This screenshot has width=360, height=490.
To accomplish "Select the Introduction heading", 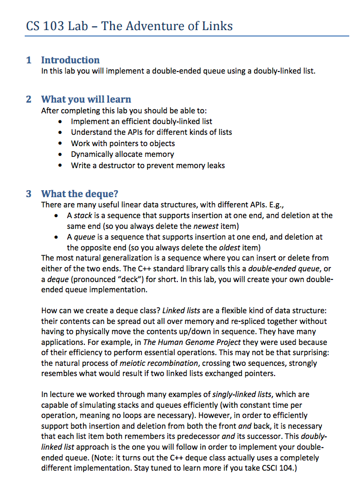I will coord(70,60).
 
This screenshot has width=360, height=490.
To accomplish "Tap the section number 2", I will coord(28,99).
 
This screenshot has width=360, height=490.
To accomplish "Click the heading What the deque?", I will coord(80,193).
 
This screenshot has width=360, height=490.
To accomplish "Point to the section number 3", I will coord(28,193).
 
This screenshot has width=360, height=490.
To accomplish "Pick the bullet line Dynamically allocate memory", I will coord(123,154).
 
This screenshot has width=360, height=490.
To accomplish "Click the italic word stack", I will coord(83,215).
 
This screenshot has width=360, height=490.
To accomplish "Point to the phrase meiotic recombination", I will coord(146,363).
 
